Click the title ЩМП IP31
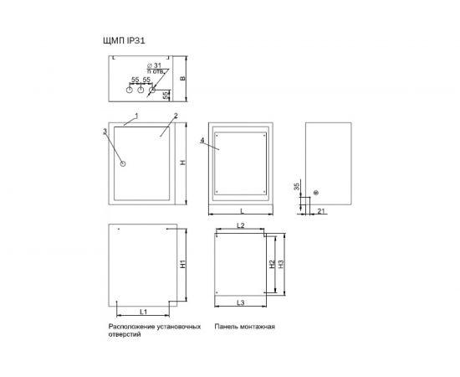(x=124, y=40)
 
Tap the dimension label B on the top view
(x=182, y=79)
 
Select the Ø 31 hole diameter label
(x=154, y=65)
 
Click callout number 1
(x=136, y=116)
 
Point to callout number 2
(x=176, y=116)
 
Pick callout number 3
(x=105, y=132)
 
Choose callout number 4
(x=202, y=141)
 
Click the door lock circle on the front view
(x=123, y=163)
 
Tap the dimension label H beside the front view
(x=183, y=163)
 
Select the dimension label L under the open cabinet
(x=242, y=210)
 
